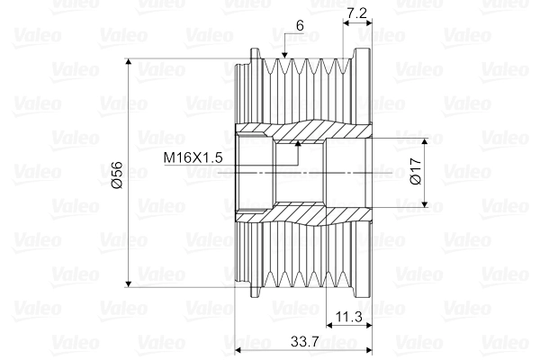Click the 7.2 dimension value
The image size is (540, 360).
[x=356, y=13]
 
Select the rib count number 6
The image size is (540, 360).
[x=300, y=25]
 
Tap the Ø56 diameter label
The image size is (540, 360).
[x=117, y=175]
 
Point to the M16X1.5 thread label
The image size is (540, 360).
[x=193, y=157]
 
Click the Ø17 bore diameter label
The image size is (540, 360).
[x=416, y=171]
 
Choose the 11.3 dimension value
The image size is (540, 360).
[x=349, y=316]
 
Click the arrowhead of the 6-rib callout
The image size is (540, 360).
[x=284, y=55]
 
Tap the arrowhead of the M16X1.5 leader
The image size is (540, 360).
[x=298, y=143]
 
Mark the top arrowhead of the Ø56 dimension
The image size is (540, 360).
[x=129, y=62]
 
